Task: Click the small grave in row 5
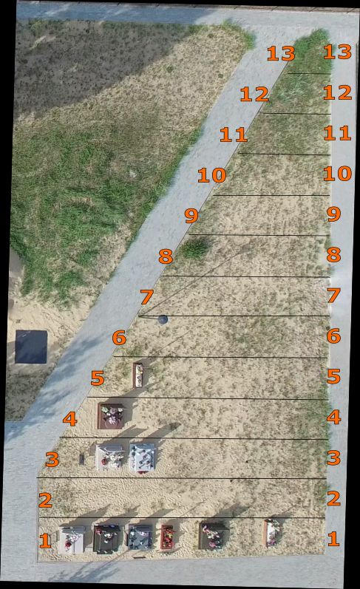138,375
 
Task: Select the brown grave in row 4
110,416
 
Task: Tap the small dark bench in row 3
82,459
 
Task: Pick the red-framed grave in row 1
167,537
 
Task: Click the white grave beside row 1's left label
72,539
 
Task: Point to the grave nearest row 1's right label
273,532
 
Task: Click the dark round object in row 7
163,320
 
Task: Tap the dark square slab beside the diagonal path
31,347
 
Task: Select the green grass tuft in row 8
195,248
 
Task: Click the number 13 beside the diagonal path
281,53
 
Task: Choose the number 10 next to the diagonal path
212,175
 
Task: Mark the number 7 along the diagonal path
147,297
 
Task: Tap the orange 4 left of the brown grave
70,418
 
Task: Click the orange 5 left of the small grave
98,378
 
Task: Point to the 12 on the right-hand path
337,92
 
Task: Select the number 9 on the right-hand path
333,214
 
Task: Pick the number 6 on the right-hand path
333,336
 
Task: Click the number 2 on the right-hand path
333,498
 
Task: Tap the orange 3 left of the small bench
52,459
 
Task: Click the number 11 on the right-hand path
337,133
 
